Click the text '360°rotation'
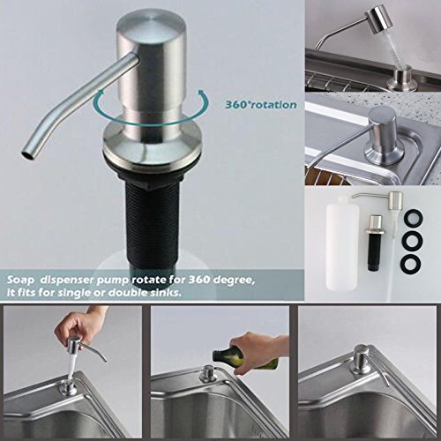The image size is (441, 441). click(x=261, y=105)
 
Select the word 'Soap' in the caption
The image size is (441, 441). click(x=20, y=280)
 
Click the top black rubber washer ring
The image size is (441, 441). click(x=412, y=219)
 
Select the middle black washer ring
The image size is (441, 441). click(x=412, y=240)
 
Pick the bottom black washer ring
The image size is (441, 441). click(x=412, y=262)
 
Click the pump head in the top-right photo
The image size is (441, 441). click(x=381, y=19)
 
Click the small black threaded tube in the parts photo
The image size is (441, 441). click(x=374, y=253)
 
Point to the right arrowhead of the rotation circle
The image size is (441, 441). click(x=202, y=94)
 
